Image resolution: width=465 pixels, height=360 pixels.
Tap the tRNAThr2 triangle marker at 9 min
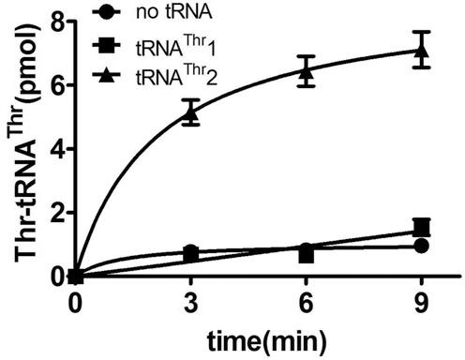[x=421, y=49]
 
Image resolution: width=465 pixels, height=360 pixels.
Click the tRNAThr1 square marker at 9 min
[x=421, y=227]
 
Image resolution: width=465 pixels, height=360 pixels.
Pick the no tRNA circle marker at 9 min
[x=421, y=246]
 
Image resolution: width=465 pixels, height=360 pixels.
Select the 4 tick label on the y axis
[x=58, y=148]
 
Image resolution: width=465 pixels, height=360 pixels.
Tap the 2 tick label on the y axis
[x=58, y=212]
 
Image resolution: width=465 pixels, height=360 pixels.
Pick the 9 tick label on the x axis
[x=421, y=305]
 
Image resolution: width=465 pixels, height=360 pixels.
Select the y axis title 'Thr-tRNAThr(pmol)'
[x=21, y=150]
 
